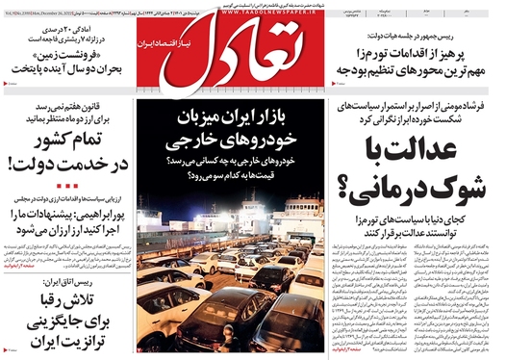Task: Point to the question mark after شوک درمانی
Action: point(359,190)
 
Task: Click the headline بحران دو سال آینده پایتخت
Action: point(63,70)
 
